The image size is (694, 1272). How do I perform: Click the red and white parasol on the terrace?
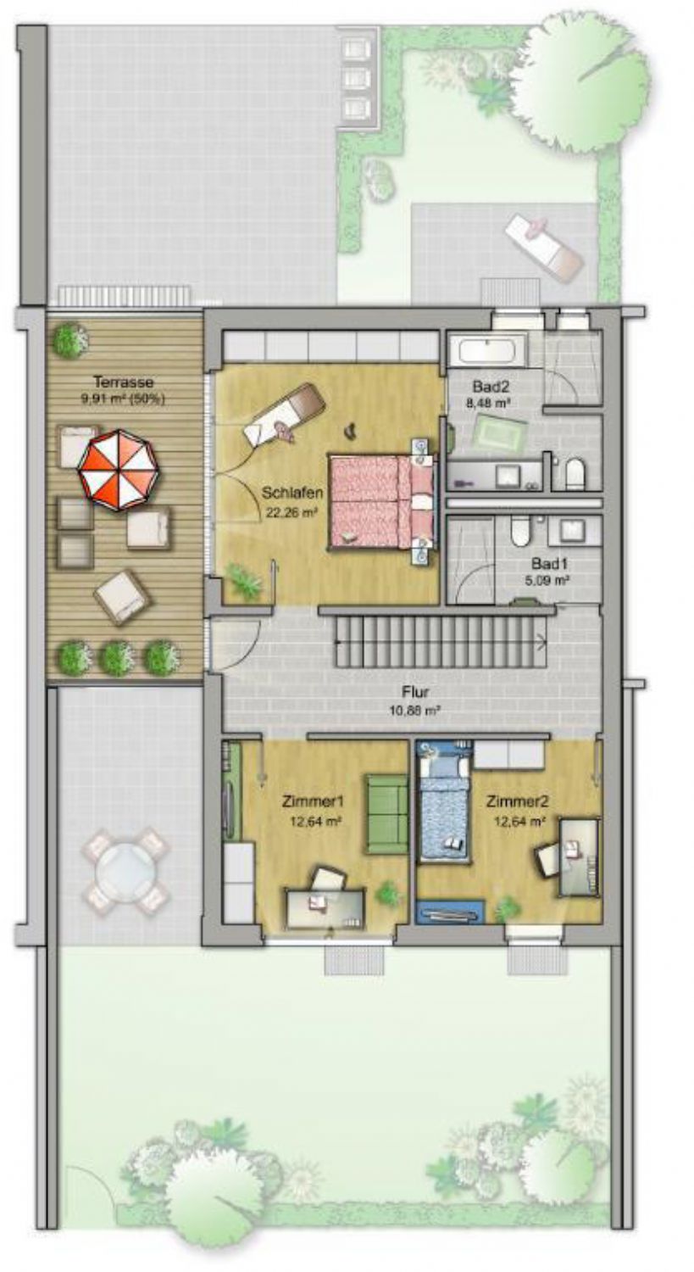(119, 470)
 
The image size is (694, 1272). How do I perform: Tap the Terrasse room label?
(124, 382)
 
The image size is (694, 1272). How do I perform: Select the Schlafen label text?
(292, 493)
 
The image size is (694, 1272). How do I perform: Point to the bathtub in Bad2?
(488, 351)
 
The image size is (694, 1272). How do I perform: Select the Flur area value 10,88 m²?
(415, 710)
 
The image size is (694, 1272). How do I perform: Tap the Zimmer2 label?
(518, 801)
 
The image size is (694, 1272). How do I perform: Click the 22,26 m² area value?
(291, 513)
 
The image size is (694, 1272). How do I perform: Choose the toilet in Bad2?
(575, 472)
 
